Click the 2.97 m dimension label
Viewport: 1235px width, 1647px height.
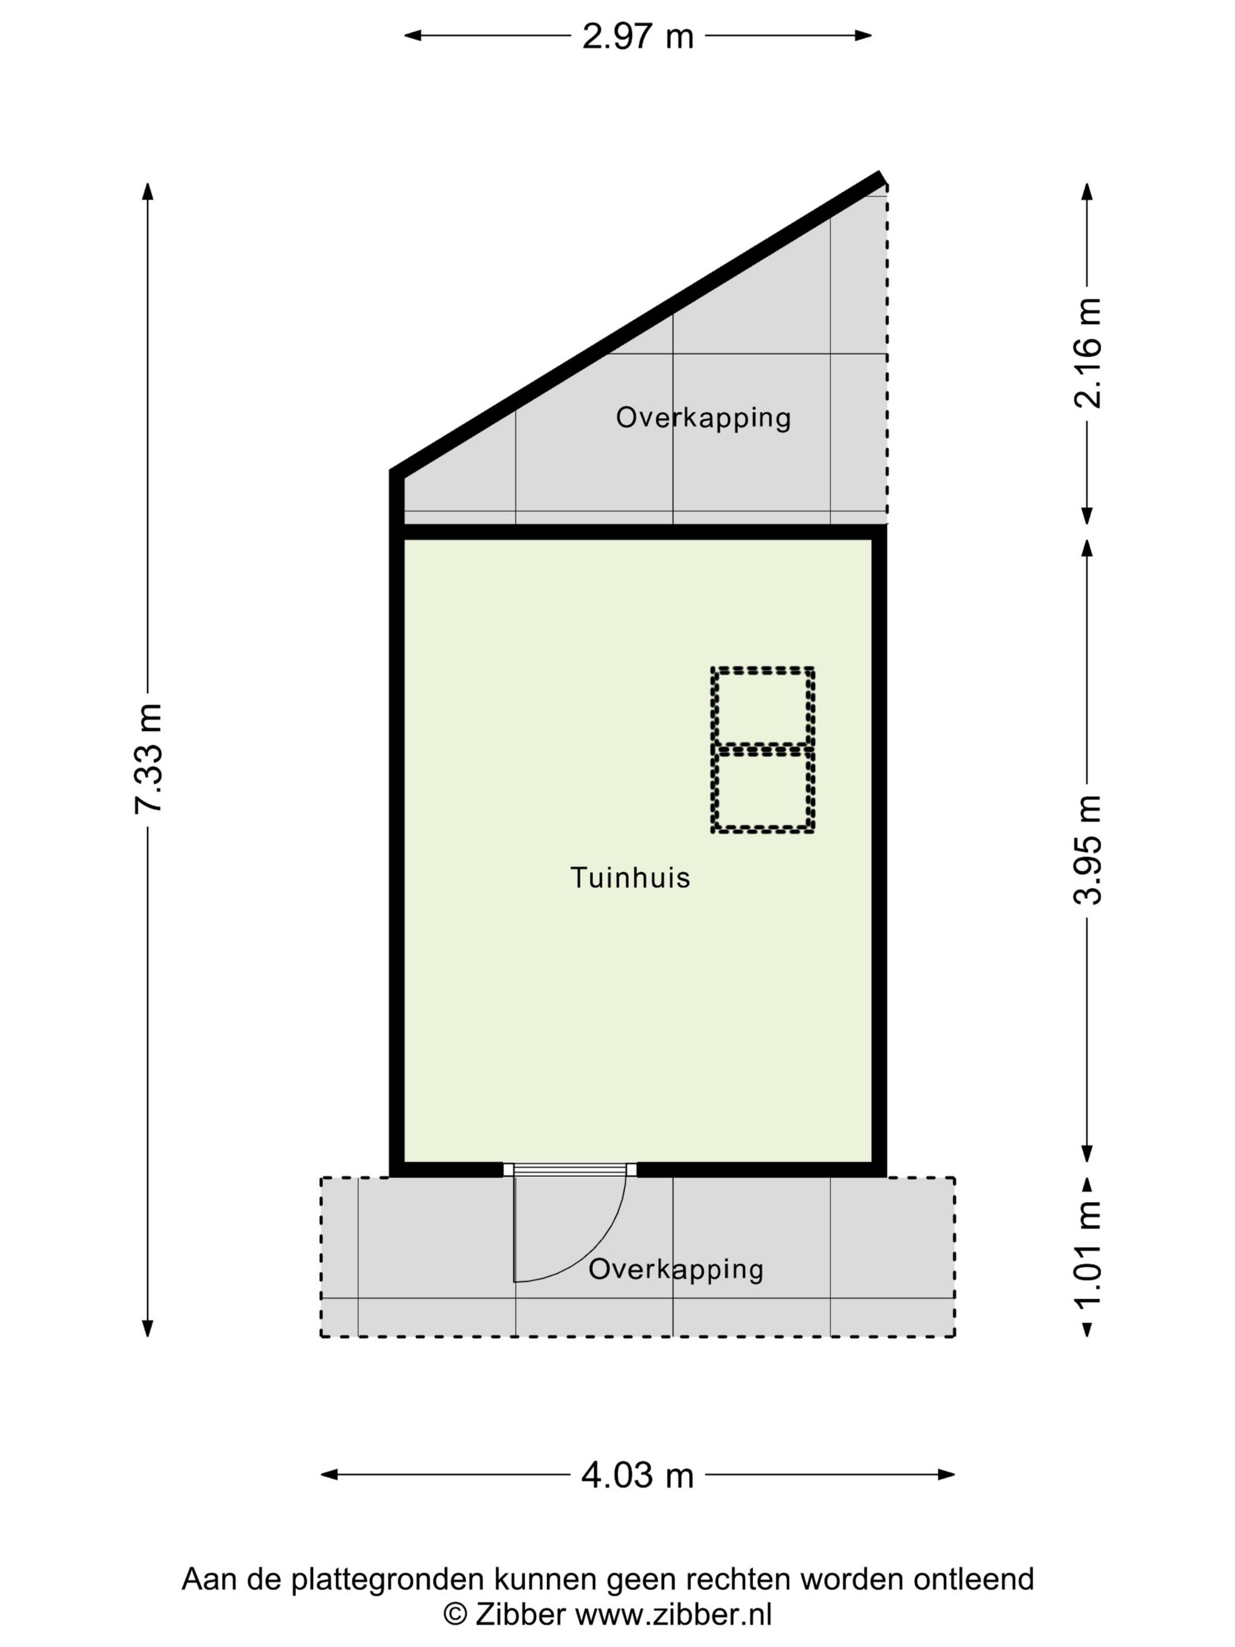click(x=637, y=36)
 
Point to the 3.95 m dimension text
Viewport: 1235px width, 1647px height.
click(x=1087, y=849)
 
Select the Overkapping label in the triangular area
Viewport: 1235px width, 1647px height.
click(x=703, y=418)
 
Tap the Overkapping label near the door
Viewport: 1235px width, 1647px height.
click(x=675, y=1269)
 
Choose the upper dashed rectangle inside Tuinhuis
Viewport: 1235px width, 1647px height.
click(x=762, y=705)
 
